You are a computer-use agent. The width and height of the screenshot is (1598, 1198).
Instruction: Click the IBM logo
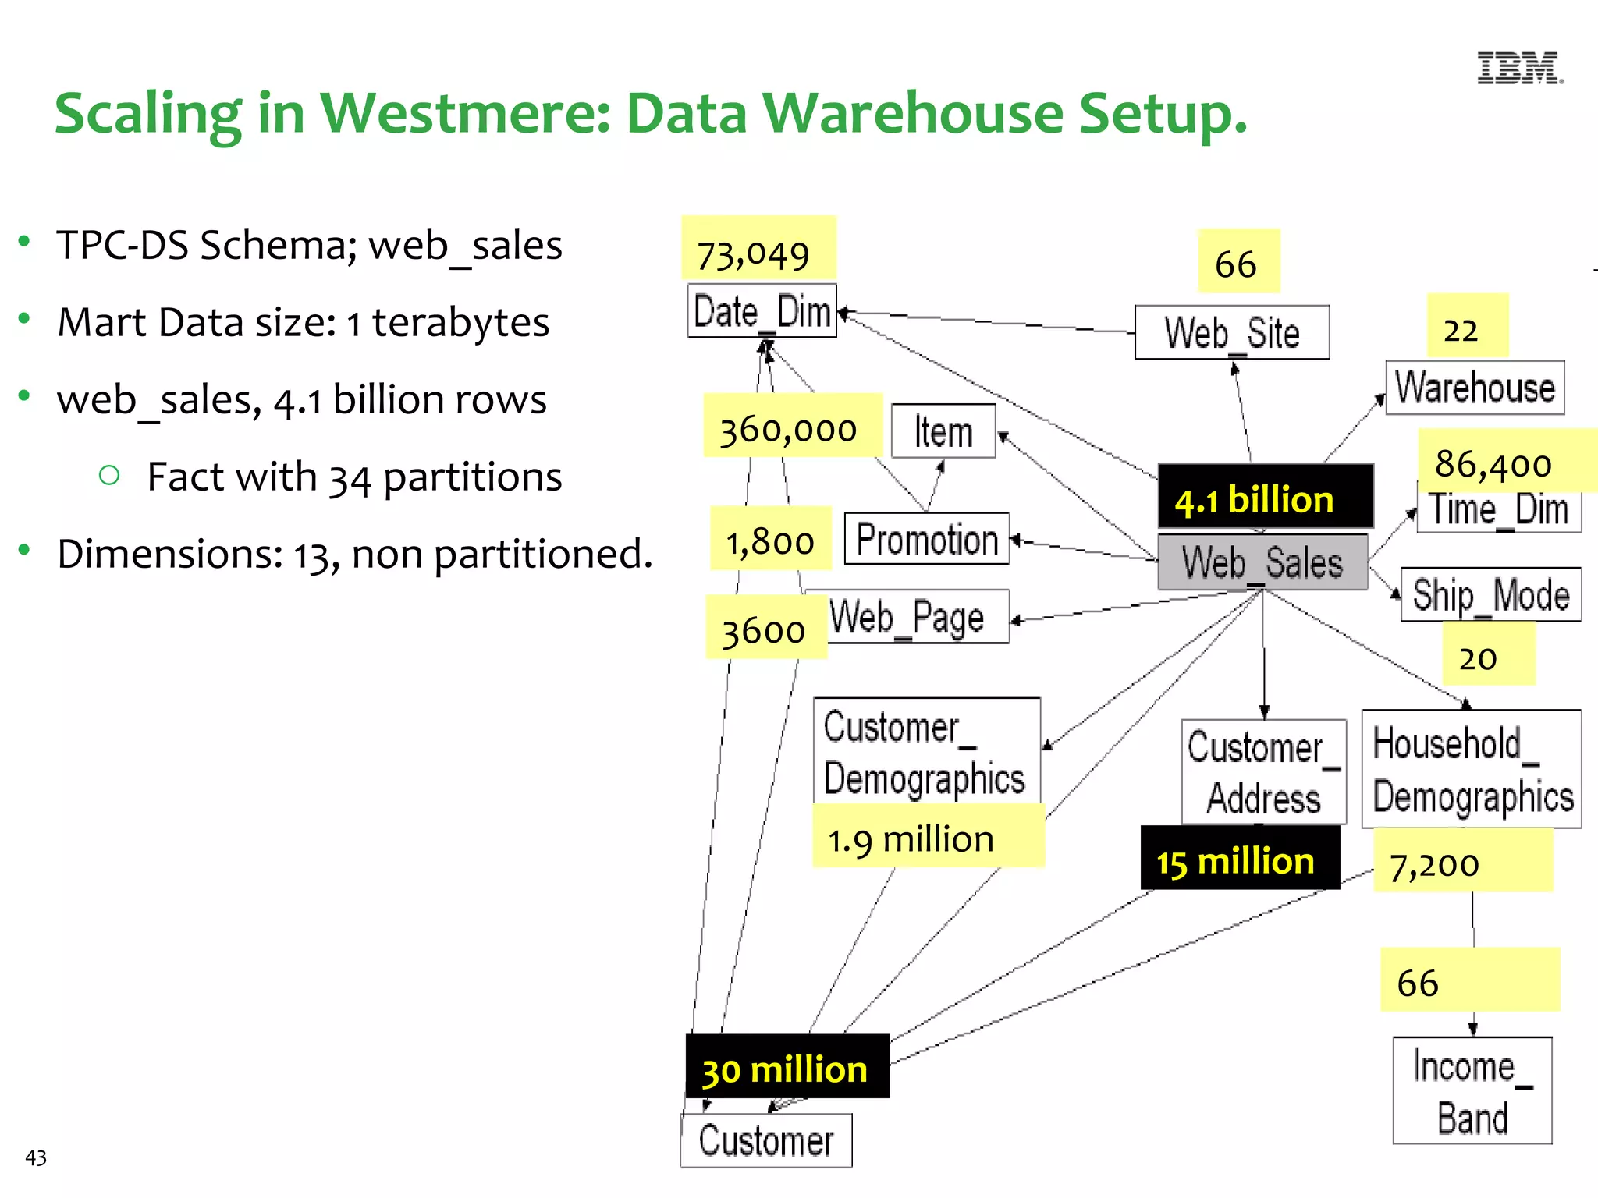[1519, 69]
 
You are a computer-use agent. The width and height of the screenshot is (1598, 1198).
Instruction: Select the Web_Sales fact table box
[1262, 562]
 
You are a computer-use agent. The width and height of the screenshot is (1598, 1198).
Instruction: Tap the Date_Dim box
[762, 311]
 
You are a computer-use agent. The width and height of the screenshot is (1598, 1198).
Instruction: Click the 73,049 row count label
[755, 254]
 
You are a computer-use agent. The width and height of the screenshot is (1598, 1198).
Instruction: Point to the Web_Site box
[1231, 332]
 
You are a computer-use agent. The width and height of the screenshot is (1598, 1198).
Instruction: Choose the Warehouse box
[1475, 388]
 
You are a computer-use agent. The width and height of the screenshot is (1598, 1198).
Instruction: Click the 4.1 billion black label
[1264, 498]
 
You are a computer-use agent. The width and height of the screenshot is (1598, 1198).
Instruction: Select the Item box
[943, 431]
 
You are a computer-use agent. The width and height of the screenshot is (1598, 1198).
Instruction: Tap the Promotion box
[927, 539]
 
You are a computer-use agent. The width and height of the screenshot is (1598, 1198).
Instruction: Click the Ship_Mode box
[1490, 595]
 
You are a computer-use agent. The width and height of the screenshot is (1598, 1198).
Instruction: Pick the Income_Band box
[1472, 1090]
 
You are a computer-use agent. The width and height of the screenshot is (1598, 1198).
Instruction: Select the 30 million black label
[787, 1069]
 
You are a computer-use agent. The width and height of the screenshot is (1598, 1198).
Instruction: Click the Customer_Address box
[1263, 772]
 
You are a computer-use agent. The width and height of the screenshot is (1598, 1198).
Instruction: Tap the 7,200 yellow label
[1436, 863]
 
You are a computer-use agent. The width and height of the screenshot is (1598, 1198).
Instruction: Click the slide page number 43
[36, 1157]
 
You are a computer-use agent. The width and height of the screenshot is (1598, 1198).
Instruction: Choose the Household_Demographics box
[1471, 769]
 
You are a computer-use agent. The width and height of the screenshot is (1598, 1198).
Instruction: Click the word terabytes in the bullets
[460, 323]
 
